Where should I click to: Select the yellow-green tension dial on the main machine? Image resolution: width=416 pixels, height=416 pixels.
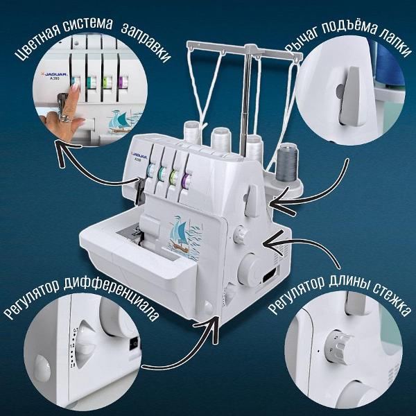pyautogui.click(x=174, y=177)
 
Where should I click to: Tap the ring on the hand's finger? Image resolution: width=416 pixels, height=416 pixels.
pyautogui.click(x=64, y=118)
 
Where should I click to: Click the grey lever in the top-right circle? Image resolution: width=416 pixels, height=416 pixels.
pyautogui.click(x=349, y=96)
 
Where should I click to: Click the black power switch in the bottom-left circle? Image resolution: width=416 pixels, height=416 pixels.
pyautogui.click(x=134, y=345)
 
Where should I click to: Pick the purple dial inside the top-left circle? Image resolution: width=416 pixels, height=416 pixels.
pyautogui.click(x=123, y=83)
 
